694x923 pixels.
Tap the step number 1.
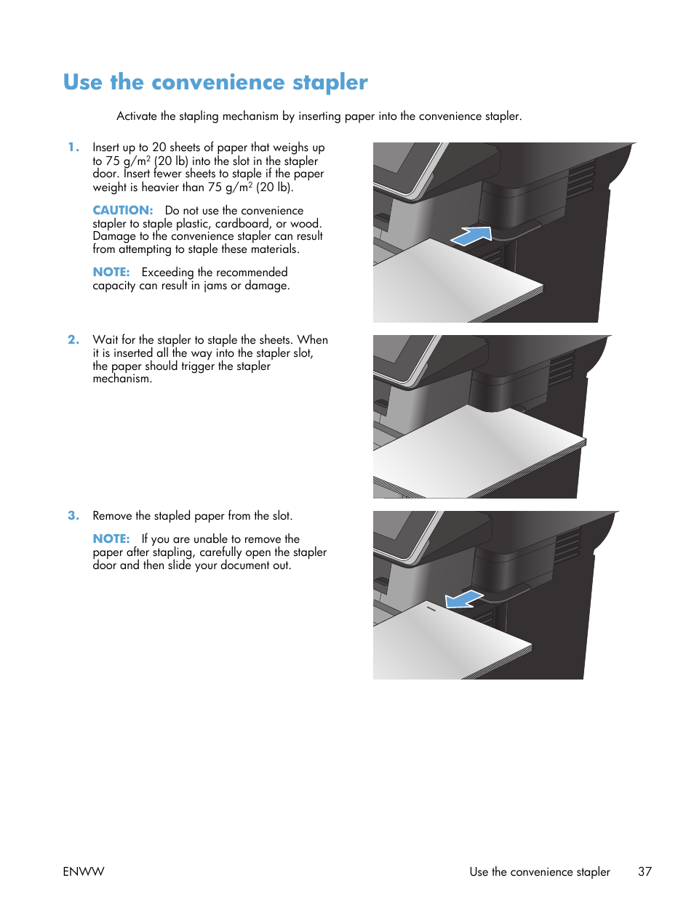[73, 148]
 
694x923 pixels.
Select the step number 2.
[73, 340]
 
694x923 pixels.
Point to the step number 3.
[73, 516]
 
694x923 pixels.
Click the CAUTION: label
[122, 211]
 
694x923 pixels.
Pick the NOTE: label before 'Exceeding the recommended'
[111, 273]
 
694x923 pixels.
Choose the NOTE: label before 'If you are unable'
[111, 539]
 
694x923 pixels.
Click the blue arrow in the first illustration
[472, 235]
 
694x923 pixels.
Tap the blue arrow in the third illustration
[463, 599]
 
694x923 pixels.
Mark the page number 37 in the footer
[645, 872]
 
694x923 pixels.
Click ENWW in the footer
[84, 872]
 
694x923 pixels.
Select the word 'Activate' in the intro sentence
[137, 116]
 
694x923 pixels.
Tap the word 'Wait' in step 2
[105, 340]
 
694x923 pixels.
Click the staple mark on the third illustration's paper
[431, 608]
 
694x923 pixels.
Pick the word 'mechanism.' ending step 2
[122, 379]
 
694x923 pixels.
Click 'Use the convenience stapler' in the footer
[539, 872]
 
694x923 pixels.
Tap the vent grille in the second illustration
[562, 368]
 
